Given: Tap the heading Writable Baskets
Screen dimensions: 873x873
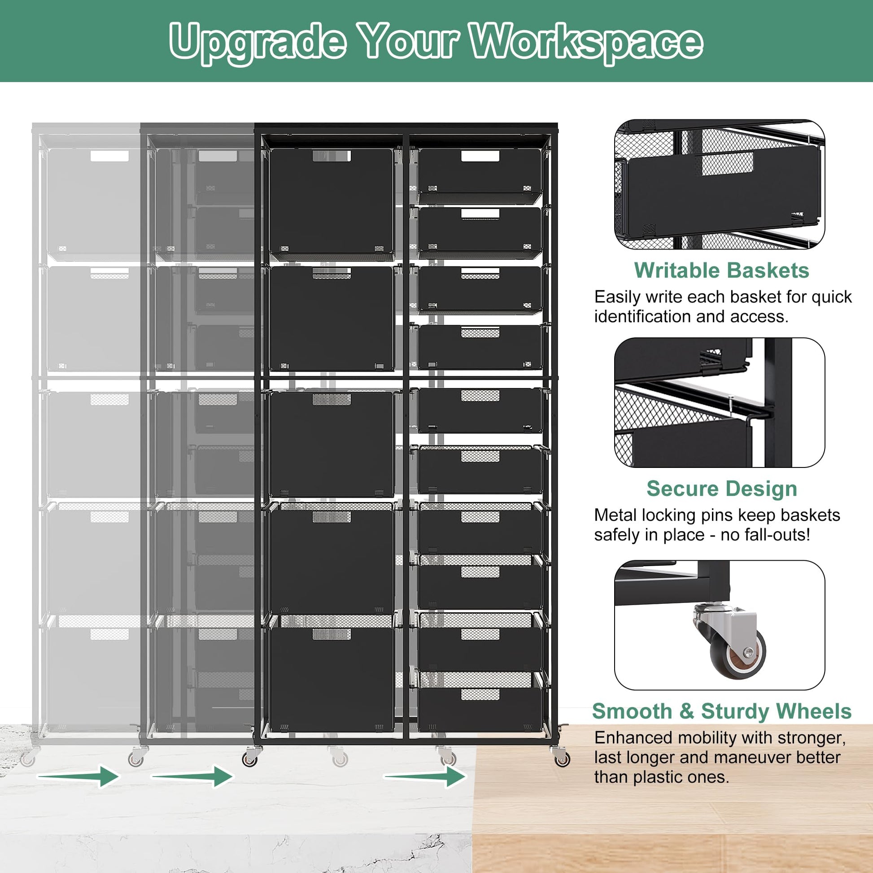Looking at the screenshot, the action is [721, 271].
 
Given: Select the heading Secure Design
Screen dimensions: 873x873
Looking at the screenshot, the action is [722, 489].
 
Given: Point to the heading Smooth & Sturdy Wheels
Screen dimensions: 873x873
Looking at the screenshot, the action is [722, 711].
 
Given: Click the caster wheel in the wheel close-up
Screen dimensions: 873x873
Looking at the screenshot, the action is [737, 653].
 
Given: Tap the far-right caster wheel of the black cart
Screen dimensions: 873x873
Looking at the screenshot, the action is [562, 759].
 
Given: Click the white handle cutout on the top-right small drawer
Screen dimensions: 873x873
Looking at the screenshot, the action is [480, 156].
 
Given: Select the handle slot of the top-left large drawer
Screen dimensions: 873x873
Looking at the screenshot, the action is [332, 156].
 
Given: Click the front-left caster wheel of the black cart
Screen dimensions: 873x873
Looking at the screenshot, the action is [250, 759].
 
